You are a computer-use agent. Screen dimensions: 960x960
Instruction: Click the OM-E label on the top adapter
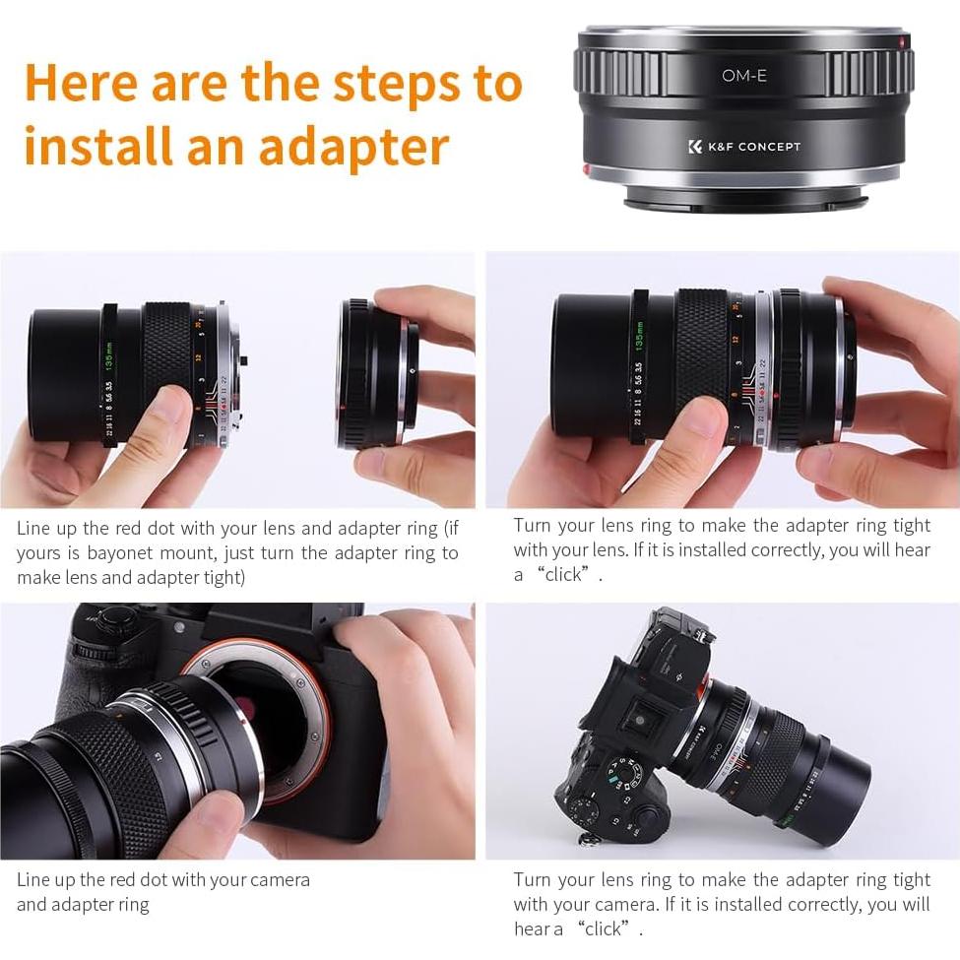coord(744,76)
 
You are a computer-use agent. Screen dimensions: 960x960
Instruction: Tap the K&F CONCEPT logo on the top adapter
coord(744,147)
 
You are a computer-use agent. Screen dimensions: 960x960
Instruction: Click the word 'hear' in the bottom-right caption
coord(533,928)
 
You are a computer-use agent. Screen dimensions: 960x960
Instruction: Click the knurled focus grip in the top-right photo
coord(701,363)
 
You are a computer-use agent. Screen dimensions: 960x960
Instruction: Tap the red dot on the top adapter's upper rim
coord(904,40)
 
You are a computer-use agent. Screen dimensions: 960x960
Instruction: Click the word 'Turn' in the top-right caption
coord(533,525)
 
